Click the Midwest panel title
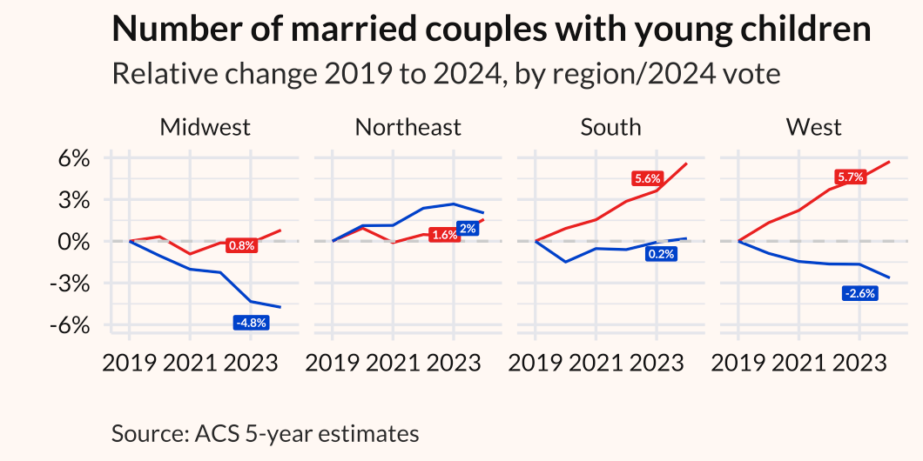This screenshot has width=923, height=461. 205,127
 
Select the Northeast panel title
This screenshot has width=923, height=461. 408,127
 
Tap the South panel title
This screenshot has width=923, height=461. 610,127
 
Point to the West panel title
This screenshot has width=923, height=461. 813,127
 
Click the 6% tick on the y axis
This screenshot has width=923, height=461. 74,159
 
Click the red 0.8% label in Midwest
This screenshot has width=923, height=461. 241,245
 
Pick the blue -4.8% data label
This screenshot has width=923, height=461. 252,323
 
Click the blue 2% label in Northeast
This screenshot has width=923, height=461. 467,228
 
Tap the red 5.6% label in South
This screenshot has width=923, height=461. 648,178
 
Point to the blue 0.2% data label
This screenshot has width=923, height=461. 661,254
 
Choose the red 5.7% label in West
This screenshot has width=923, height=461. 850,177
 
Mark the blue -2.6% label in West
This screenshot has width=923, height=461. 859,293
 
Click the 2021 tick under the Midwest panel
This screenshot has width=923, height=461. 189,363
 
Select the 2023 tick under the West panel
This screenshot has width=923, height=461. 859,363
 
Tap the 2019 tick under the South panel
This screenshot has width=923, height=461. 536,363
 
